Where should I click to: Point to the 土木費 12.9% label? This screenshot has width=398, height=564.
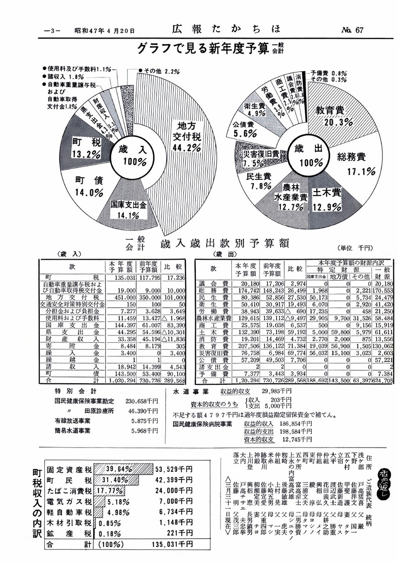pyautogui.click(x=327, y=200)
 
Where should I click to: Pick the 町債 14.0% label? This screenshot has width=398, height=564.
pyautogui.click(x=89, y=186)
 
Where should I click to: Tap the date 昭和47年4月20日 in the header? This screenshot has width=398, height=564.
pyautogui.click(x=105, y=31)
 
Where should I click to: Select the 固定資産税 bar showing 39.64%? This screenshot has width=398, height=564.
pyautogui.click(x=123, y=469)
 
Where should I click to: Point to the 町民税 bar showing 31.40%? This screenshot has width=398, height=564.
pyautogui.click(x=116, y=480)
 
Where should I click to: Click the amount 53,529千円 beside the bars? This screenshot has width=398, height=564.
pyautogui.click(x=174, y=469)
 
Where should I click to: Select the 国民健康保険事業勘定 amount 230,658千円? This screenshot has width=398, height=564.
pyautogui.click(x=141, y=401)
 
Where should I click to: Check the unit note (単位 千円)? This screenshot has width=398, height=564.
pyautogui.click(x=356, y=247)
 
